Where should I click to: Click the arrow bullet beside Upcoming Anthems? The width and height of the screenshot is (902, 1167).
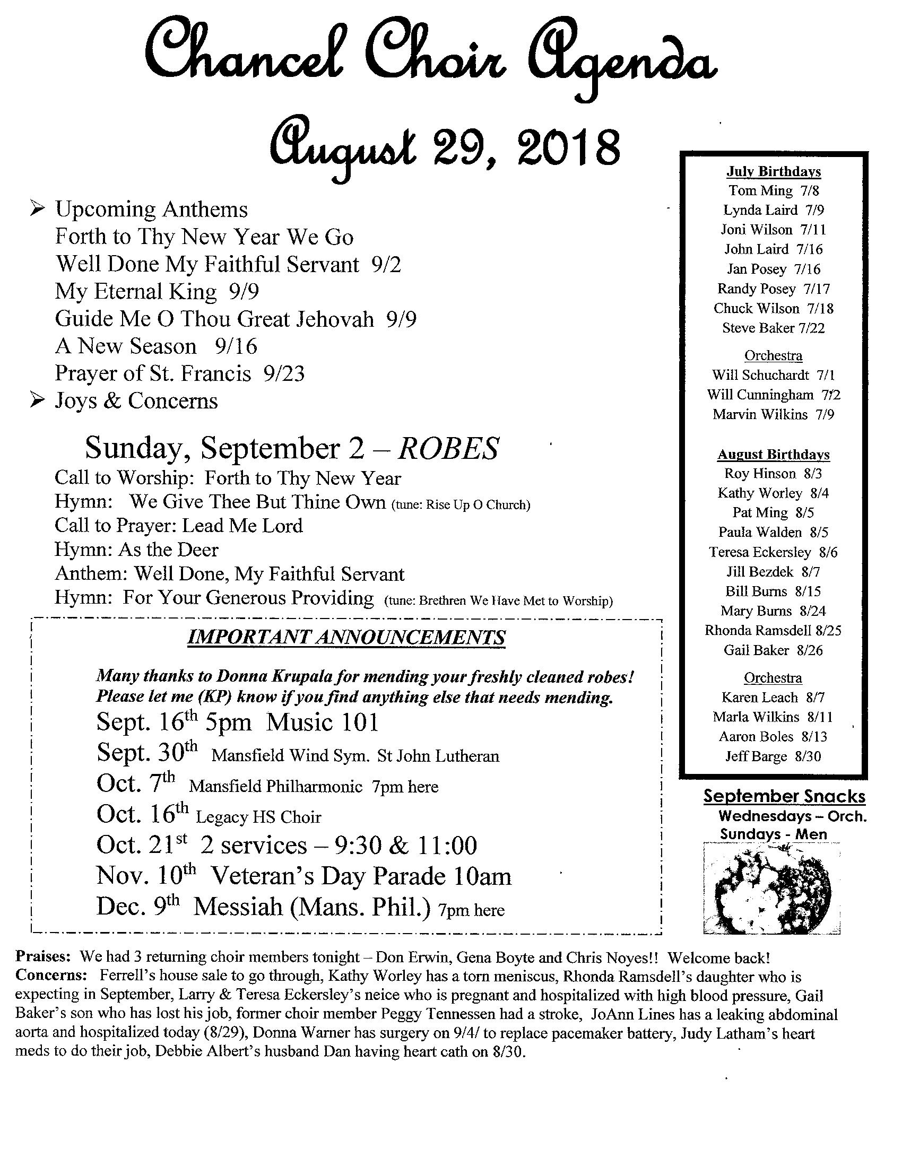click(37, 209)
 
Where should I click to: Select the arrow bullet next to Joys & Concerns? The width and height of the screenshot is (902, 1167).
click(37, 400)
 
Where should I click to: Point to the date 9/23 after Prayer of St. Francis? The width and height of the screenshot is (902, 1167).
click(284, 373)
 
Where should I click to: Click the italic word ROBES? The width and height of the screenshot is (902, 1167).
click(448, 448)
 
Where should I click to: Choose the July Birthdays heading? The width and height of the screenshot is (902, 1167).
click(773, 171)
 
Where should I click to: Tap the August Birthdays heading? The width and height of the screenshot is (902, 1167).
click(773, 454)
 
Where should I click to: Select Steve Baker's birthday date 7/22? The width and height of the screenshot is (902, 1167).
click(812, 328)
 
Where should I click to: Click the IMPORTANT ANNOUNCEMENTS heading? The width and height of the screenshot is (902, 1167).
click(346, 637)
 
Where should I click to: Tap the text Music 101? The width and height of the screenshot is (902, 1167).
click(322, 722)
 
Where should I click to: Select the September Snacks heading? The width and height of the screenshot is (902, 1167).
click(784, 796)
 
